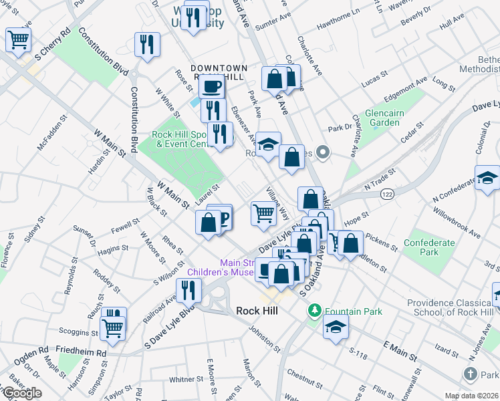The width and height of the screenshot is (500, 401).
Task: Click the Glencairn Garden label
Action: click(x=384, y=118)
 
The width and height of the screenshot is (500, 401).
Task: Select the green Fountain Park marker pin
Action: click(x=314, y=311)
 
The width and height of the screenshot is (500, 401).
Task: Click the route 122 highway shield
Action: click(x=388, y=194)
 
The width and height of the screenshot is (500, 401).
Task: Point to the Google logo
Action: click(x=21, y=393)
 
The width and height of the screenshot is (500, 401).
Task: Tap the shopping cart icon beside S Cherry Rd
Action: click(x=19, y=39)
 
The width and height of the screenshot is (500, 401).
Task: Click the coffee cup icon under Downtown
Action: click(x=211, y=87)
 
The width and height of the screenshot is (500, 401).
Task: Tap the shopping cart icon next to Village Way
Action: click(x=263, y=214)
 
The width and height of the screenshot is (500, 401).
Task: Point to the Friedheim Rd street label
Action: click(x=81, y=352)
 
